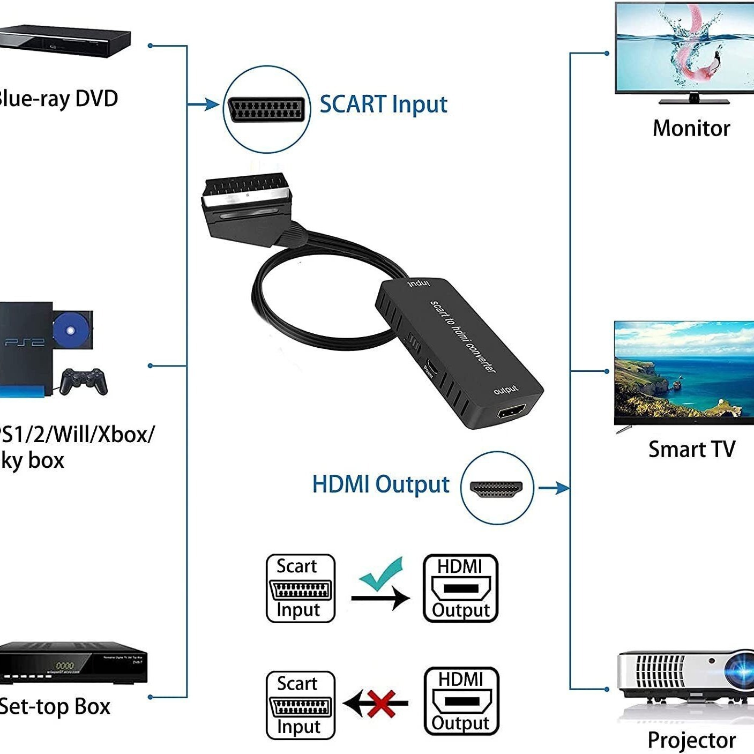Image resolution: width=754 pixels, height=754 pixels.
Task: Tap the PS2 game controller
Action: (83, 380)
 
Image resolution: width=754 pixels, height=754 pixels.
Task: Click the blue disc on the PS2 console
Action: (70, 331)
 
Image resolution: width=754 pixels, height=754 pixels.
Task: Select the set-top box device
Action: (72, 663)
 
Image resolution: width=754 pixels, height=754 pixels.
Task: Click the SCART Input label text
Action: (383, 104)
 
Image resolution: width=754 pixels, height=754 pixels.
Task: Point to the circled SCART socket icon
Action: (266, 109)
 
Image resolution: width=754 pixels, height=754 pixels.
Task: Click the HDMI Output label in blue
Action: (380, 484)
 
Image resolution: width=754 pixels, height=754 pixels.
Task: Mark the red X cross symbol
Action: (382, 703)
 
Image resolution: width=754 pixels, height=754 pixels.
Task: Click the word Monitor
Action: (691, 129)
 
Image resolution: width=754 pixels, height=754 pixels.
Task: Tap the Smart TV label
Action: (691, 449)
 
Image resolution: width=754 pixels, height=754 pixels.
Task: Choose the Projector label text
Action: (691, 740)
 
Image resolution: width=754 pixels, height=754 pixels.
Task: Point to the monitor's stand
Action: (693, 99)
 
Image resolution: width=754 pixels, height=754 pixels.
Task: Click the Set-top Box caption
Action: (54, 707)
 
